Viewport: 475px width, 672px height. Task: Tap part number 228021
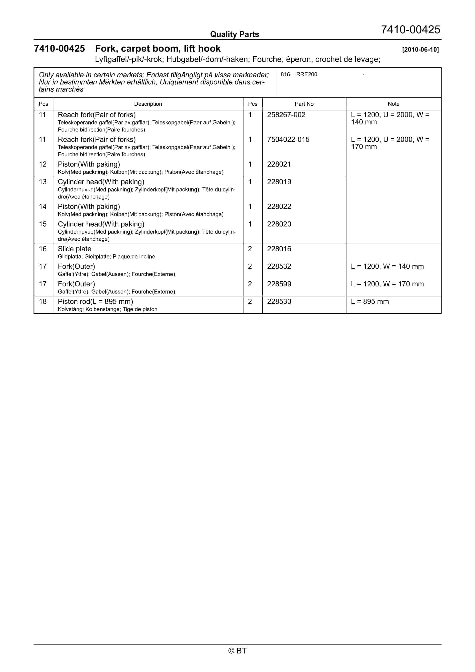coord(279,164)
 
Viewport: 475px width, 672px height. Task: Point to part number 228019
coord(279,182)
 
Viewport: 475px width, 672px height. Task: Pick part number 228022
coord(279,207)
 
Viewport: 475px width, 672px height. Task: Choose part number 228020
coord(279,224)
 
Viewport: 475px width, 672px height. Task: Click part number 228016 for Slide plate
coord(279,249)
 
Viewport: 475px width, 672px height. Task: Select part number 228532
coord(279,266)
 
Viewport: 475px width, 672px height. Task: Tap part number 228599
coord(279,284)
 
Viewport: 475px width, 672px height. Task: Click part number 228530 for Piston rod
coord(279,301)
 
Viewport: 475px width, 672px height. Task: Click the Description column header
coord(148,104)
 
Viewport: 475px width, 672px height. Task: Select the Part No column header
coord(304,104)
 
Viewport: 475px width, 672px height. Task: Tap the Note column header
coord(393,104)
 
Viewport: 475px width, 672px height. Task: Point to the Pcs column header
coord(252,104)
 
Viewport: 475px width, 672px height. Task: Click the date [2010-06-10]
coord(420,50)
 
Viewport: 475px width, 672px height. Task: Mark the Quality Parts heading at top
coord(234,35)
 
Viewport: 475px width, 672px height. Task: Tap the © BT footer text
coord(237,651)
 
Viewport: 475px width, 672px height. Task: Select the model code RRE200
coord(306,74)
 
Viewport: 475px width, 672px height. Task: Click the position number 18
coord(43,301)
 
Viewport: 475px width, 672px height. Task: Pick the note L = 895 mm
coord(370,301)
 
